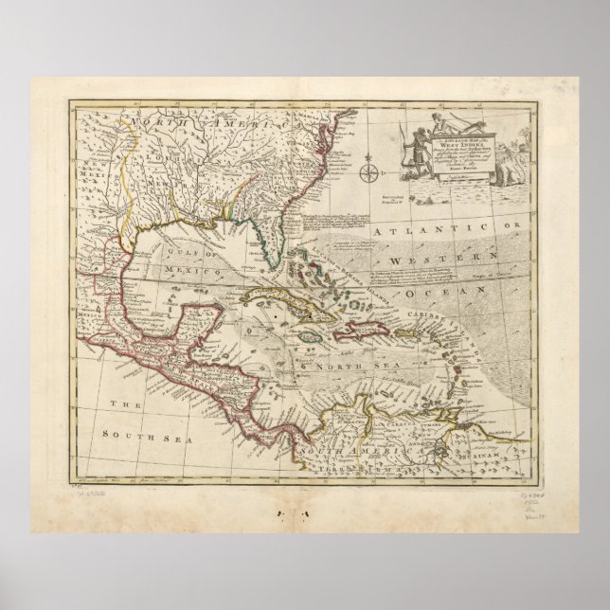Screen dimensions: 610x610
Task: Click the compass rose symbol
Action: [370, 171]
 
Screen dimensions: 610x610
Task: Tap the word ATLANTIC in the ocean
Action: [430, 230]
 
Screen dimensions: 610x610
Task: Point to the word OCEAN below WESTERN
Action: [461, 278]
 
